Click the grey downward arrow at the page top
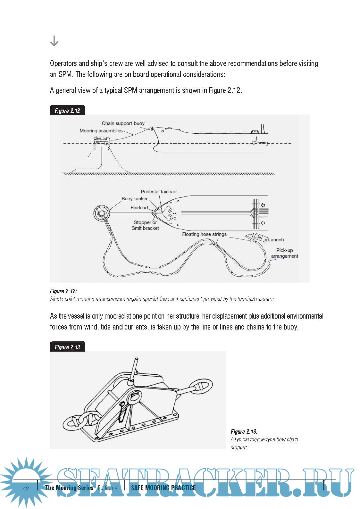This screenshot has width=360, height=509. [54, 41]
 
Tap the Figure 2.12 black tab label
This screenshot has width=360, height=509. [67, 111]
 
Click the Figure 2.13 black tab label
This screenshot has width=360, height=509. [67, 347]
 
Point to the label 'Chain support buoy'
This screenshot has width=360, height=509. [123, 123]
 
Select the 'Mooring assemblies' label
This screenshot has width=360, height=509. [101, 131]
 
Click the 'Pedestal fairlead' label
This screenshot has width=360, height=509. [159, 192]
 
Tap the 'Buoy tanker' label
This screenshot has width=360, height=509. [134, 199]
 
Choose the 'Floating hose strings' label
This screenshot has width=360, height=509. [204, 234]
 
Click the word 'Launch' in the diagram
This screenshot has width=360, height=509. [276, 240]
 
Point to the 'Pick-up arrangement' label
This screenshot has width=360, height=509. [285, 253]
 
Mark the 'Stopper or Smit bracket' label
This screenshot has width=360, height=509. [145, 225]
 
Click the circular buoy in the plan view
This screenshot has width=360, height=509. [102, 213]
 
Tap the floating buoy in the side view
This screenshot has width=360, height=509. [102, 141]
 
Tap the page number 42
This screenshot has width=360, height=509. [26, 488]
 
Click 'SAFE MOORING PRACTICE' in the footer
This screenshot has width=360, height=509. [163, 488]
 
